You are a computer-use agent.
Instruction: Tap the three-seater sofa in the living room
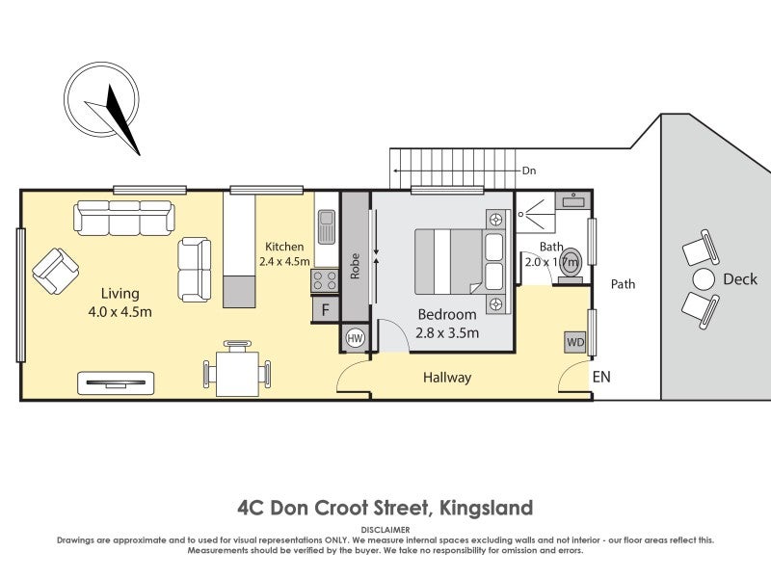pyautogui.click(x=124, y=218)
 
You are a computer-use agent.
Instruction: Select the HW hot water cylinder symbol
pyautogui.click(x=355, y=338)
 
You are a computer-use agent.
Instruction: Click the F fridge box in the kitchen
pyautogui.click(x=326, y=310)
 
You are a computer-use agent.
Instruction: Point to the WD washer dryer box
pyautogui.click(x=575, y=342)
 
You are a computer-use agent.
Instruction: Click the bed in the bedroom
pyautogui.click(x=452, y=260)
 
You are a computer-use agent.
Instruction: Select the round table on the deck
pyautogui.click(x=705, y=280)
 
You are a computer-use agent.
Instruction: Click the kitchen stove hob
pyautogui.click(x=324, y=281)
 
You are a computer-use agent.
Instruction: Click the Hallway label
pyautogui.click(x=447, y=378)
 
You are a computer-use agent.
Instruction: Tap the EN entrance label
pyautogui.click(x=601, y=378)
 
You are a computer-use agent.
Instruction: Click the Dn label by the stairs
pyautogui.click(x=528, y=171)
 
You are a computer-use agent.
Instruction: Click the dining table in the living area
pyautogui.click(x=237, y=371)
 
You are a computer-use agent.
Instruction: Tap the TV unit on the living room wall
pyautogui.click(x=116, y=382)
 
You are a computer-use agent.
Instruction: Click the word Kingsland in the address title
pyautogui.click(x=486, y=507)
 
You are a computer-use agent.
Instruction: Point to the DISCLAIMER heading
pyautogui.click(x=385, y=530)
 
